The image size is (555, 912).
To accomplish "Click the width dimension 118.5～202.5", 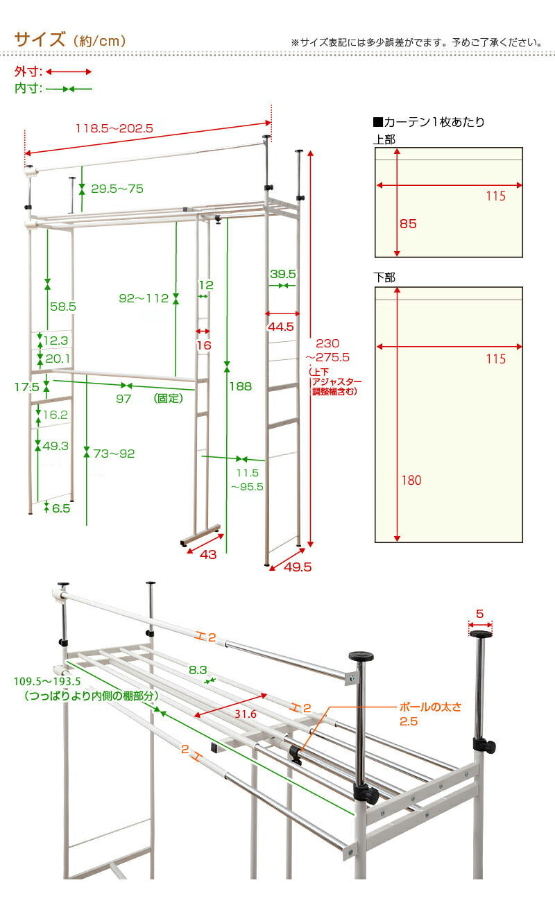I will (x=114, y=128).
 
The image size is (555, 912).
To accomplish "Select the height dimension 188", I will (x=241, y=386).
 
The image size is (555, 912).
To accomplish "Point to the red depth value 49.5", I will (x=297, y=567).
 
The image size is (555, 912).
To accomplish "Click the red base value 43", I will (x=207, y=554).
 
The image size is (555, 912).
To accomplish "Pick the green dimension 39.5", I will (x=283, y=274).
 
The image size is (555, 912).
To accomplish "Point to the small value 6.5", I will (x=60, y=508).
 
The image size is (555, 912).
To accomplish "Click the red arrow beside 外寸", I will (x=69, y=71).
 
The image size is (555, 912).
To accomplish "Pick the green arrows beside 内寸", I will (x=69, y=89).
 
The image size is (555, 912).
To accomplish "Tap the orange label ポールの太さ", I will (x=430, y=707).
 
